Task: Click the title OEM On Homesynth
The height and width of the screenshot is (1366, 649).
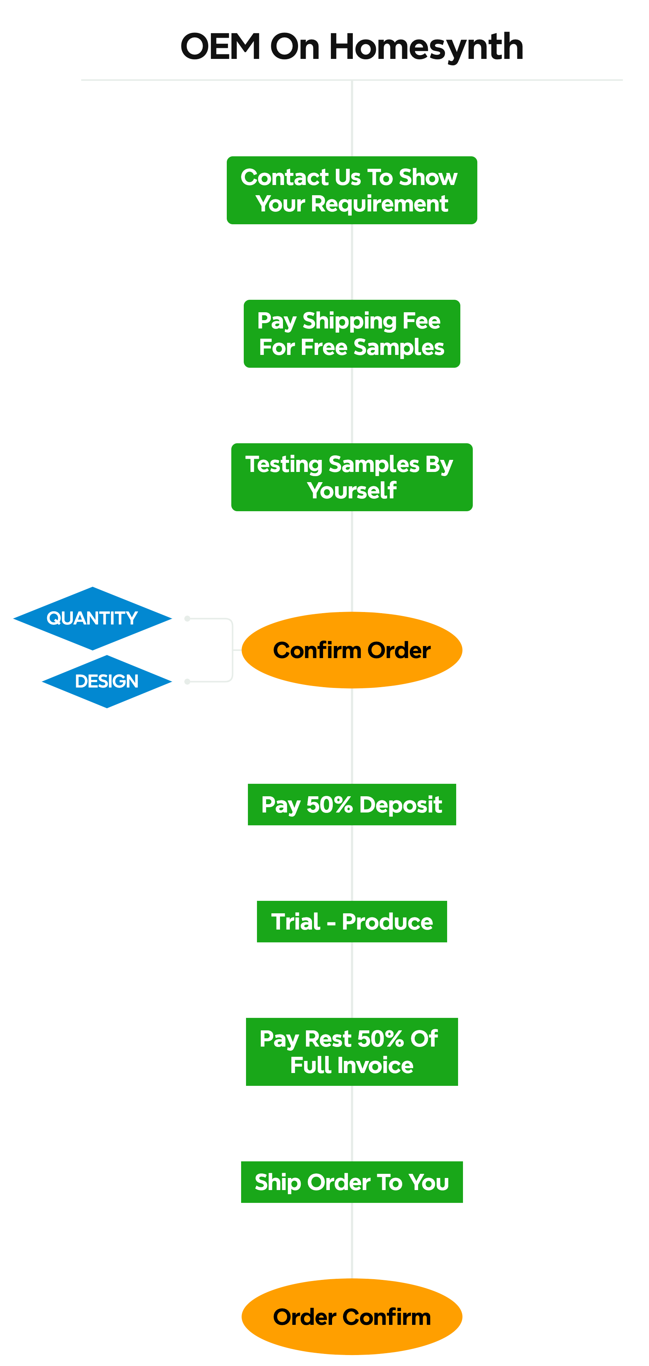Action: click(x=351, y=47)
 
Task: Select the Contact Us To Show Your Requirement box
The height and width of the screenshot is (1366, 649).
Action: click(x=351, y=190)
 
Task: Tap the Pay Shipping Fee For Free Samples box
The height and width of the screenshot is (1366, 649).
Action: click(x=351, y=333)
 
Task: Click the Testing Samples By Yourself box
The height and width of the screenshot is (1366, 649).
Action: click(x=351, y=477)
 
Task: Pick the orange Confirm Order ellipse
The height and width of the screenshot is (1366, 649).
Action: click(x=351, y=650)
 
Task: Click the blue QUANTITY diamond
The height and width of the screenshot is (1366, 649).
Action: click(x=92, y=618)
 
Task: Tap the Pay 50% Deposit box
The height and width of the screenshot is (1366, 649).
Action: click(x=351, y=805)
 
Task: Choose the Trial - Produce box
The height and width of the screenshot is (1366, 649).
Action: click(x=351, y=922)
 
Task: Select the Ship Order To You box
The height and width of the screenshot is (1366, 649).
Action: click(x=351, y=1182)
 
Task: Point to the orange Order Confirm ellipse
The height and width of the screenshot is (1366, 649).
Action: click(x=351, y=1317)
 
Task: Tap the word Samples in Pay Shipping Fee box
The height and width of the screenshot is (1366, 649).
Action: click(x=398, y=347)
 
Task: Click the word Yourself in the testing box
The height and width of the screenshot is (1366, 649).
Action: click(x=351, y=490)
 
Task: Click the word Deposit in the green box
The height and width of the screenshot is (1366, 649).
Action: click(x=400, y=805)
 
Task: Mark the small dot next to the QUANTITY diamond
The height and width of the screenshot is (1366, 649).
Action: click(x=187, y=618)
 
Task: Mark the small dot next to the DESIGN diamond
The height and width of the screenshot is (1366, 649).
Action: click(x=187, y=681)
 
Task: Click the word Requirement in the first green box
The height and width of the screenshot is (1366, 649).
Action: click(x=379, y=204)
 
